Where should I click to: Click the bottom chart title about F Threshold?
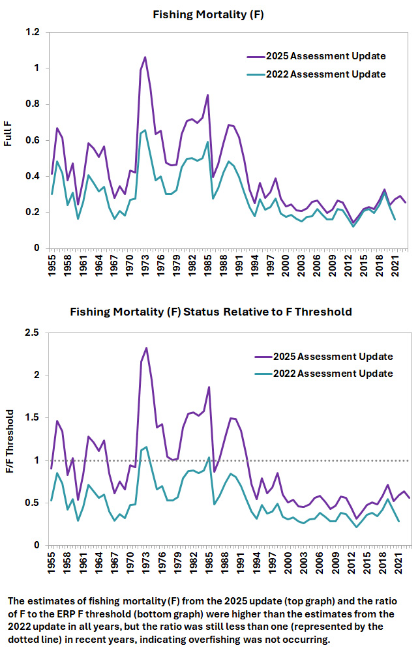click(211, 312)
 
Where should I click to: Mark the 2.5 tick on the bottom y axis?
click(33, 333)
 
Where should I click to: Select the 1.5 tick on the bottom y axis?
click(33, 418)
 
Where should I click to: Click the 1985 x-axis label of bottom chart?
click(207, 562)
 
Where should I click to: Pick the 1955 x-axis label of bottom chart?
click(51, 562)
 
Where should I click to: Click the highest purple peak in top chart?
click(145, 57)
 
